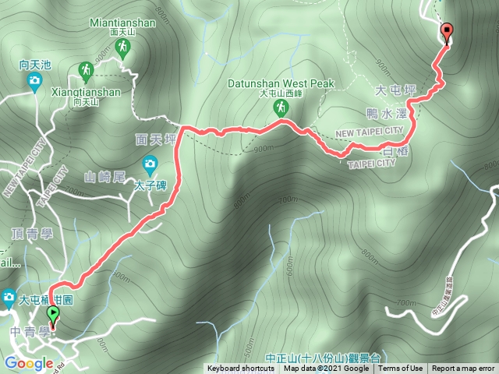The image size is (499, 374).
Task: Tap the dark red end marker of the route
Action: (x=446, y=33)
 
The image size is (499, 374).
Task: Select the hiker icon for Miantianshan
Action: (x=122, y=49)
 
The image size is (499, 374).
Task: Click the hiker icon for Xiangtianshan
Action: (x=85, y=72)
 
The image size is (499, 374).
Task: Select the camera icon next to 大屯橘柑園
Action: (x=9, y=297)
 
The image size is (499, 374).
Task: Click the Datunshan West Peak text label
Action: (x=281, y=83)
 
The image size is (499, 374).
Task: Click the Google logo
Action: (x=28, y=363)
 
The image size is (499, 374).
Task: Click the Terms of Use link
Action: (x=401, y=369)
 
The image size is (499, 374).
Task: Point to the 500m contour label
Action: (x=248, y=344)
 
